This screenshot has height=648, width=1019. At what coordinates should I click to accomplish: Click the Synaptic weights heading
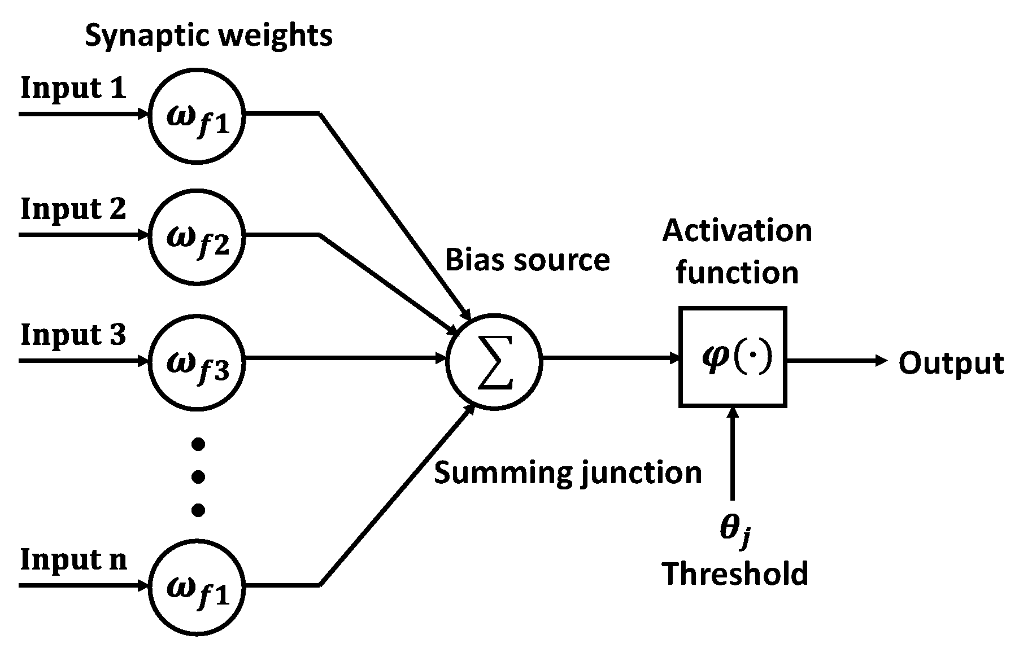tap(208, 36)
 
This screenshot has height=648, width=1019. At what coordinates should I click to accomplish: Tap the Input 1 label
tap(73, 89)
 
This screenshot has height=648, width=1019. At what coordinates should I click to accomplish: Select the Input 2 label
tap(73, 209)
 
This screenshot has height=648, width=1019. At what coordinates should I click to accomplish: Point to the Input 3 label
tap(73, 335)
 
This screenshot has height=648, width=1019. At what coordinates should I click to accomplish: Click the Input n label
tap(73, 560)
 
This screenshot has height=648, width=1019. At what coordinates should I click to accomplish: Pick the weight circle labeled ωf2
tap(197, 235)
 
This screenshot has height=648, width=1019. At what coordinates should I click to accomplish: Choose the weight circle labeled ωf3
tap(197, 360)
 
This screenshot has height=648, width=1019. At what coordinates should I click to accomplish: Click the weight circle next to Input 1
tap(197, 115)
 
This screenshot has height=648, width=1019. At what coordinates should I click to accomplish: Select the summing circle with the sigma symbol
tap(494, 360)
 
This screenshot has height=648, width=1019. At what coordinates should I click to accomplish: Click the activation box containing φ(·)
tap(733, 357)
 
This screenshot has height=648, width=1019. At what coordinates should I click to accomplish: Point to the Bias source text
tap(528, 260)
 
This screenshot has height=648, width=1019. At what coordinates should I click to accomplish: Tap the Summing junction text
tap(568, 472)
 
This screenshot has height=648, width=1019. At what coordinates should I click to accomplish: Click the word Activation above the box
tap(737, 231)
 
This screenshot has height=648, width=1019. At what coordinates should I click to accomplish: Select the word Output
tap(951, 362)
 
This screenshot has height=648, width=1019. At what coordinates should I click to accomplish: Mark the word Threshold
tap(735, 574)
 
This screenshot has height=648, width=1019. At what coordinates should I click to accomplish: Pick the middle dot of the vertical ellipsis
tap(198, 478)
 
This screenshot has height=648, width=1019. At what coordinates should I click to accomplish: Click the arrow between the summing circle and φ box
tap(610, 358)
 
